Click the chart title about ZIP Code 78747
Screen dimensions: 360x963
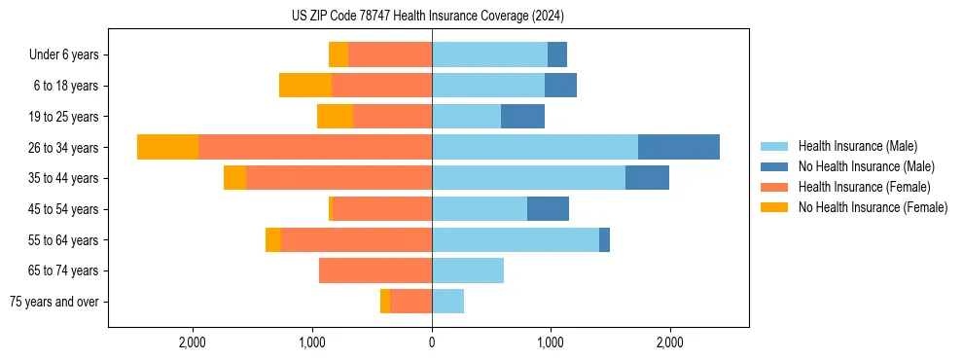pyautogui.click(x=428, y=17)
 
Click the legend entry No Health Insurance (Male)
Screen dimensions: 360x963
pyautogui.click(x=866, y=166)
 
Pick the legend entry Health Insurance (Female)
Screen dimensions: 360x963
pyautogui.click(x=864, y=187)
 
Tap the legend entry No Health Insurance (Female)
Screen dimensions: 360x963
pyautogui.click(x=873, y=207)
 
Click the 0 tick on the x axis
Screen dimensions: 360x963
pyautogui.click(x=432, y=342)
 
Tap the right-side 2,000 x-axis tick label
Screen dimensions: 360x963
pyautogui.click(x=669, y=342)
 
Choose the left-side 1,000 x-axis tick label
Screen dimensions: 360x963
pyautogui.click(x=312, y=342)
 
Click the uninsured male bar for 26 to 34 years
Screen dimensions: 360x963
pyautogui.click(x=679, y=147)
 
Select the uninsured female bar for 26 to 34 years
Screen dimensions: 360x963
pyautogui.click(x=168, y=147)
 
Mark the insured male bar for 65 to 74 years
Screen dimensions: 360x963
pyautogui.click(x=468, y=270)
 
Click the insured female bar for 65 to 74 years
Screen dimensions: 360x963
pyautogui.click(x=375, y=270)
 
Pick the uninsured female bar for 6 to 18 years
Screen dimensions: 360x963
pyautogui.click(x=305, y=86)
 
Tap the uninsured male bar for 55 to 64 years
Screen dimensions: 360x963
pyautogui.click(x=604, y=239)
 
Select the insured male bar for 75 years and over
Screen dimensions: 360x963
pyautogui.click(x=447, y=302)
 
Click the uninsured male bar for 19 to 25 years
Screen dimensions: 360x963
pyautogui.click(x=522, y=117)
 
